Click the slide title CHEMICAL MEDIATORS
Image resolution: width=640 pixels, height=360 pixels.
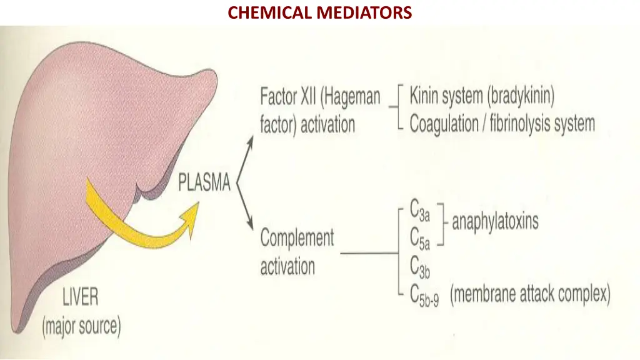click(319, 12)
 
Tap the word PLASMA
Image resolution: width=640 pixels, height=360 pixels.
click(204, 183)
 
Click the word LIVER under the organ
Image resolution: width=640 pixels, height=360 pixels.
click(80, 297)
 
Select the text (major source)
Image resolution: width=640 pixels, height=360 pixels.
click(81, 326)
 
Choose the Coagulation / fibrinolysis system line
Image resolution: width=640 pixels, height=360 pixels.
click(502, 123)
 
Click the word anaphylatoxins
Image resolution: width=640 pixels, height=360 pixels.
click(495, 221)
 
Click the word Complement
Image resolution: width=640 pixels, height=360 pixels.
click(297, 238)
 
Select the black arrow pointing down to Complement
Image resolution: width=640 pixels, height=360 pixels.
click(248, 222)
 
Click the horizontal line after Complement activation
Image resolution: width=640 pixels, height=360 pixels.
click(369, 253)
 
